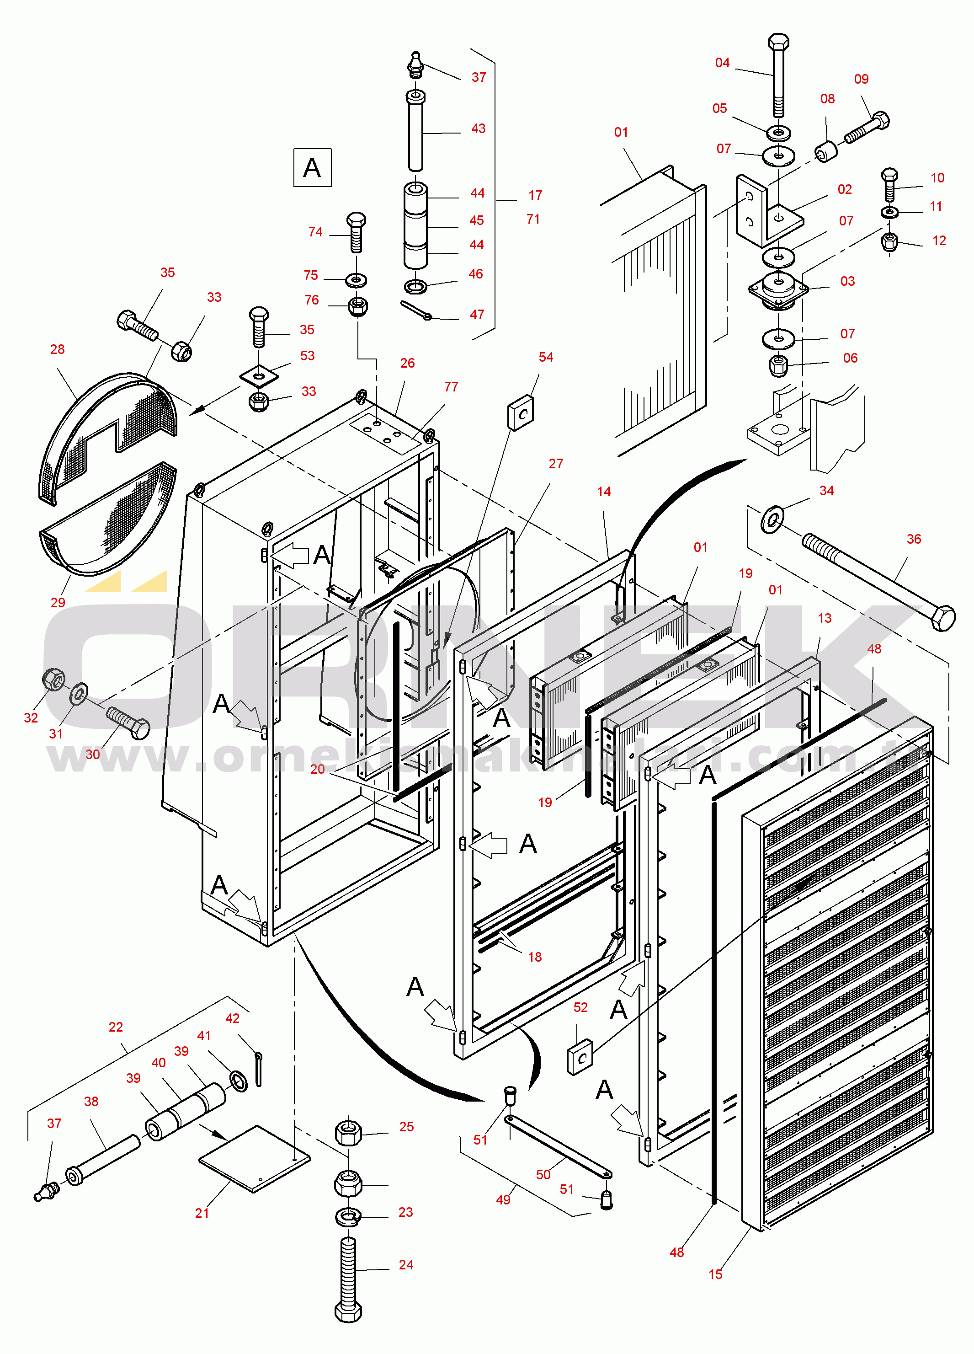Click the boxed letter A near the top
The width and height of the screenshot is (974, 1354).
[312, 168]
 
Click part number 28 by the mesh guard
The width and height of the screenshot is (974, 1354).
[57, 349]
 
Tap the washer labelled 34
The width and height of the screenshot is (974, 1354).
[772, 519]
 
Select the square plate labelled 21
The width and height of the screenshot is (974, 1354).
[255, 1159]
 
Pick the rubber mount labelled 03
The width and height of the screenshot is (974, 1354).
[778, 289]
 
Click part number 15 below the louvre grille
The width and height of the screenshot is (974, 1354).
[715, 1274]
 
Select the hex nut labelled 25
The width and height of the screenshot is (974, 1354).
[349, 1133]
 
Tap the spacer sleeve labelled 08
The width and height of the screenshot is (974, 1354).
[826, 152]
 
